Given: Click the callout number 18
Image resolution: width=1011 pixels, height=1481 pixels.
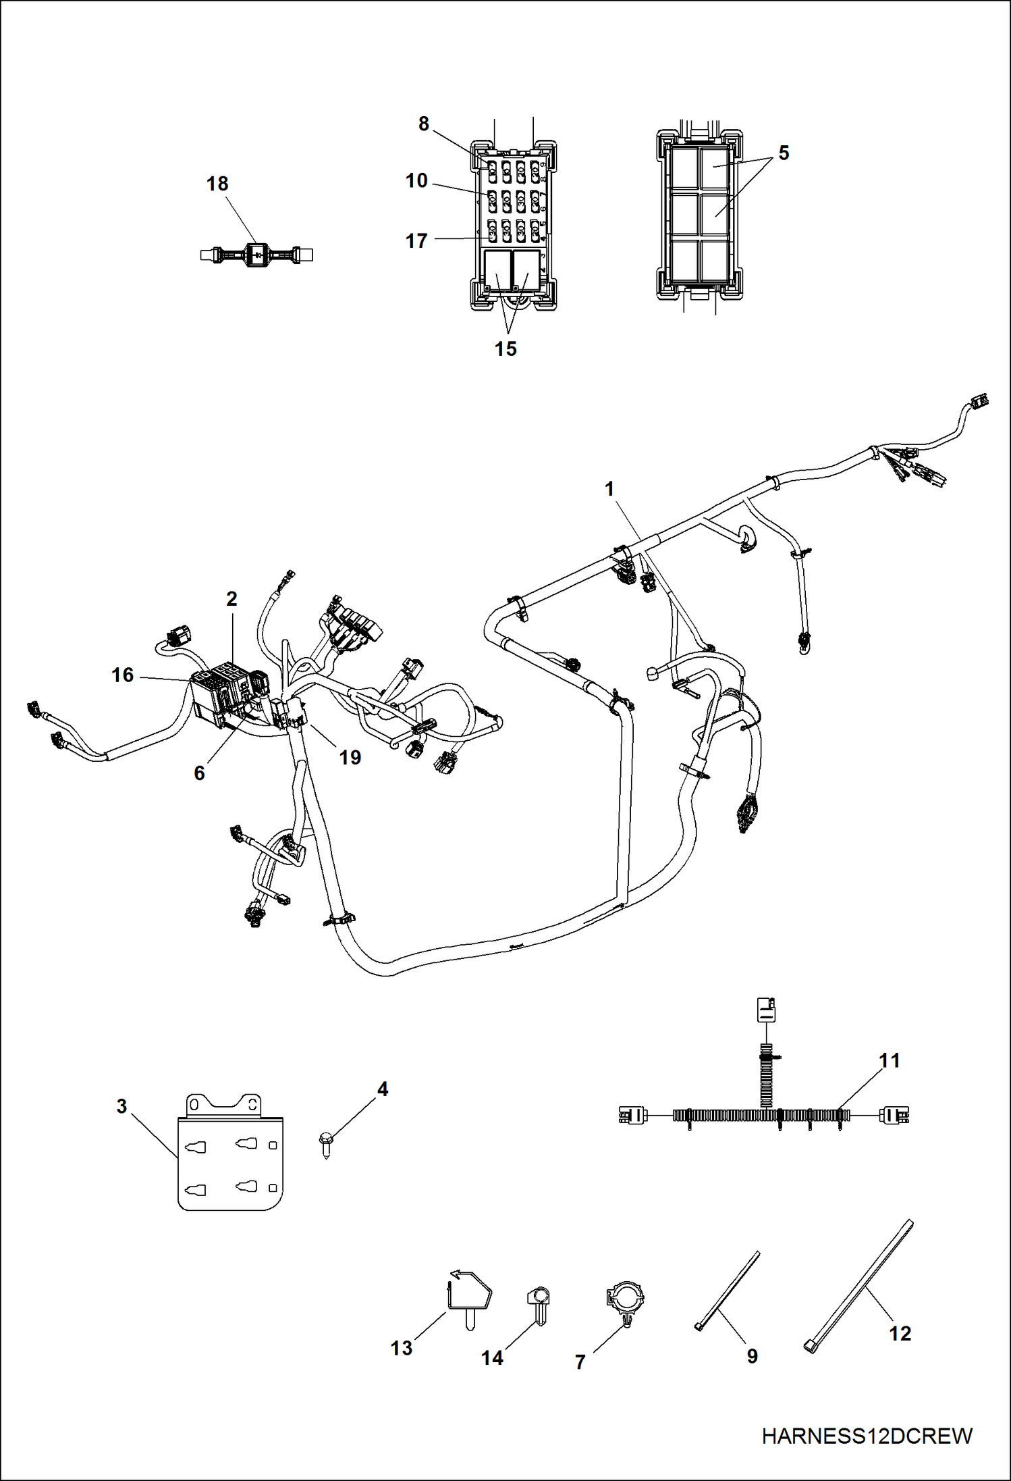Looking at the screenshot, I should pyautogui.click(x=217, y=184).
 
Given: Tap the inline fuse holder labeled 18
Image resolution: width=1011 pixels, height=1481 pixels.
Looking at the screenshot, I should pyautogui.click(x=256, y=255).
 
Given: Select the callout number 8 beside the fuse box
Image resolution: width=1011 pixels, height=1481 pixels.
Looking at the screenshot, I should pyautogui.click(x=423, y=124).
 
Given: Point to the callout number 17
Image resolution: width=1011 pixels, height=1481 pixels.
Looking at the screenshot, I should pyautogui.click(x=416, y=240).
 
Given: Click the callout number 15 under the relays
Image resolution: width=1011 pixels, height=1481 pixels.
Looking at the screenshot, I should pyautogui.click(x=505, y=348).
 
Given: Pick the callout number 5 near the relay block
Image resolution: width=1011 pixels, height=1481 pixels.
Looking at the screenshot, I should pyautogui.click(x=784, y=153).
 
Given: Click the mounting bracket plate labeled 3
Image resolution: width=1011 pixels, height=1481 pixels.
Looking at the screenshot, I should pyautogui.click(x=230, y=1154).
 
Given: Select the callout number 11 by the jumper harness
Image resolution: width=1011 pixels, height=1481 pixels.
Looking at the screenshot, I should pyautogui.click(x=890, y=1061).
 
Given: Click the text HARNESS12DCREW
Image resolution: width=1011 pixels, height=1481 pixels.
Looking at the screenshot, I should pyautogui.click(x=867, y=1436).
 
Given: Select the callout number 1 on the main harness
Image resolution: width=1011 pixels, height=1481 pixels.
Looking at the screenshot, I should pyautogui.click(x=609, y=489).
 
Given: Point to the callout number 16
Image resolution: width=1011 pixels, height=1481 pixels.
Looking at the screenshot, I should pyautogui.click(x=123, y=675).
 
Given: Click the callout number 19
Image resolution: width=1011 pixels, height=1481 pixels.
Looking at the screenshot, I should pyautogui.click(x=350, y=758).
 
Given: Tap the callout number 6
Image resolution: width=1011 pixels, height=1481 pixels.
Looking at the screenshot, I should pyautogui.click(x=199, y=773).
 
